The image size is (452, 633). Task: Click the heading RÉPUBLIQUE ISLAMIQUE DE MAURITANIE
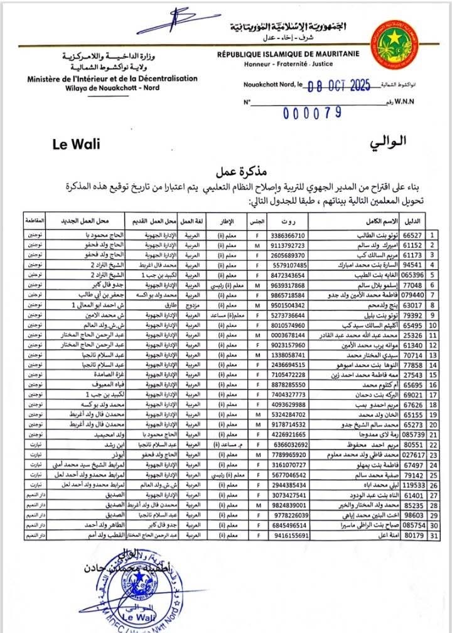click(x=296, y=55)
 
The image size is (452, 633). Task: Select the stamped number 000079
click(x=312, y=113)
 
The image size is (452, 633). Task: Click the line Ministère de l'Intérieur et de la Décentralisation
click(x=112, y=79)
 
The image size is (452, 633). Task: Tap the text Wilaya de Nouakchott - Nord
click(x=112, y=87)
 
